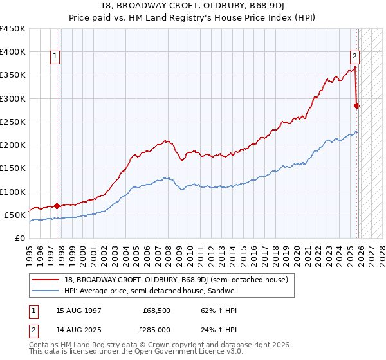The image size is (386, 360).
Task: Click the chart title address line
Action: [x=192, y=6]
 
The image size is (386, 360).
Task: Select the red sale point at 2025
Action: [x=357, y=105]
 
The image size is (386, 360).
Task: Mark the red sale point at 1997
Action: [x=57, y=206]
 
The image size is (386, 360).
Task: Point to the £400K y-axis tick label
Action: [x=13, y=52]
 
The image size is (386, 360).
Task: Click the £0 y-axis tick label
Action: [x=19, y=238]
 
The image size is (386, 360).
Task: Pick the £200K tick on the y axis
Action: [x=13, y=145]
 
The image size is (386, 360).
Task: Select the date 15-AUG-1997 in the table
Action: [x=79, y=310]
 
